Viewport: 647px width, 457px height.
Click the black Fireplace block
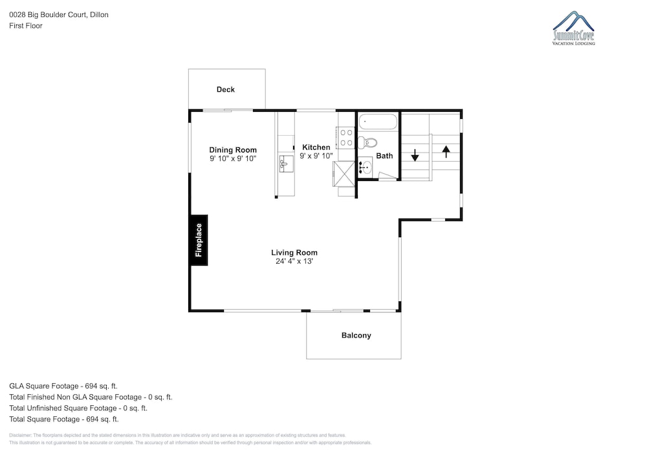tap(199, 240)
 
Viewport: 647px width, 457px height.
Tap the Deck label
tap(226, 89)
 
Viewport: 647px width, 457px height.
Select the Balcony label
tap(356, 335)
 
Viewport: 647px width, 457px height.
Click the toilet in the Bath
tap(367, 143)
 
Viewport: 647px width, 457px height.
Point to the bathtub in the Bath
tap(378, 122)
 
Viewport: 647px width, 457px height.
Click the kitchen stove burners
tap(345, 138)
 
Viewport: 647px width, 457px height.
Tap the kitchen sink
tap(287, 164)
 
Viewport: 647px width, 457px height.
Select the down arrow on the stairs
tap(415, 155)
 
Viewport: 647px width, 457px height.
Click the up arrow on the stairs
tap(446, 151)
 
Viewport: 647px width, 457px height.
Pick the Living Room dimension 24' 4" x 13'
tap(294, 261)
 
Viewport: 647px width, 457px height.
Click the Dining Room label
tap(233, 150)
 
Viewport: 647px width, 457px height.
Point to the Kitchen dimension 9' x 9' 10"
tap(316, 156)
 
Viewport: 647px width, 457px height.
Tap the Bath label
tap(384, 156)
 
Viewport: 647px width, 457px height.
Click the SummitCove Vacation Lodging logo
tap(573, 28)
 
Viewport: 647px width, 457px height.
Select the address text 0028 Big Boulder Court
tap(48, 15)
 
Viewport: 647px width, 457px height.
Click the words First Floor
tap(26, 26)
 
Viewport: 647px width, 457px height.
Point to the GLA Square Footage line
tap(63, 386)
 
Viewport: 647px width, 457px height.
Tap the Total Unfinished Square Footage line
tap(78, 409)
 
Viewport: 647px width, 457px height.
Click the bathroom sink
tap(365, 167)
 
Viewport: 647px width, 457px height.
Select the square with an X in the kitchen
tap(344, 173)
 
